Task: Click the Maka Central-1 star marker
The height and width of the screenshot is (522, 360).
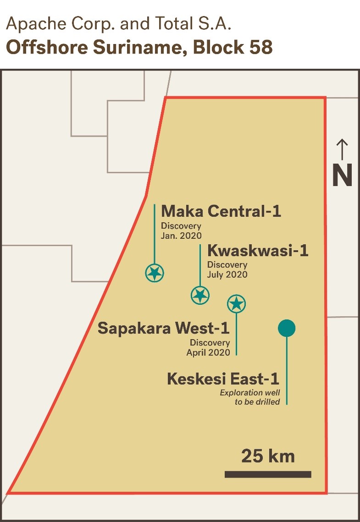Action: click(155, 273)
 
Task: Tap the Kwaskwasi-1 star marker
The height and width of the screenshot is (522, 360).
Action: click(200, 295)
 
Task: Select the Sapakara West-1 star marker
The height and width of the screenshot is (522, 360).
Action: click(237, 303)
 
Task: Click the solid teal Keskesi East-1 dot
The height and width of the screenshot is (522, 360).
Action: click(287, 328)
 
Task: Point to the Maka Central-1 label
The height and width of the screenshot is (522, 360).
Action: click(221, 211)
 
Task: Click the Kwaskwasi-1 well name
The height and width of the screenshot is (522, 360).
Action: click(258, 251)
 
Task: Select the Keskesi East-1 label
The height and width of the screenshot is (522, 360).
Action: click(223, 379)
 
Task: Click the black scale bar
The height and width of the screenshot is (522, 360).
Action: click(268, 474)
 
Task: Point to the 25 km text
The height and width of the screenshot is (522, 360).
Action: click(268, 456)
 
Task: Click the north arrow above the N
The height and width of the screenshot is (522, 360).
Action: click(342, 150)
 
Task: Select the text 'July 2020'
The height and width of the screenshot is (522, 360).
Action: click(227, 275)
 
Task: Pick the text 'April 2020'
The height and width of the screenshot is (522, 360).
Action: click(208, 352)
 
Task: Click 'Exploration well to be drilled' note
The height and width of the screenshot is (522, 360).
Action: click(250, 397)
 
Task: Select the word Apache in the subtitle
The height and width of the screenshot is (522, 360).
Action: click(33, 24)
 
